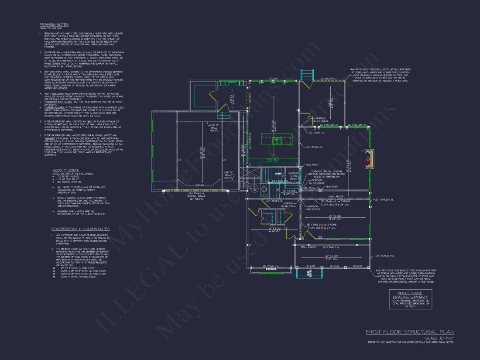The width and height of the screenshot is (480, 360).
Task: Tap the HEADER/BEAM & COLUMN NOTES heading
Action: [x=80, y=229]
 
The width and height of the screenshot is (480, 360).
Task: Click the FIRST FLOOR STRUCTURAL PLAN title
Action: [x=409, y=332]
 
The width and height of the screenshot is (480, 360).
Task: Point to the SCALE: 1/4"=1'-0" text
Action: [x=439, y=338]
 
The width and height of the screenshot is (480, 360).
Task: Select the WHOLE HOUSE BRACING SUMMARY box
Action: [x=410, y=299]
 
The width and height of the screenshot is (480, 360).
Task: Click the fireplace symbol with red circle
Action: [x=369, y=159]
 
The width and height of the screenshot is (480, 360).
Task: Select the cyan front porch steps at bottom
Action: [x=303, y=272]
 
